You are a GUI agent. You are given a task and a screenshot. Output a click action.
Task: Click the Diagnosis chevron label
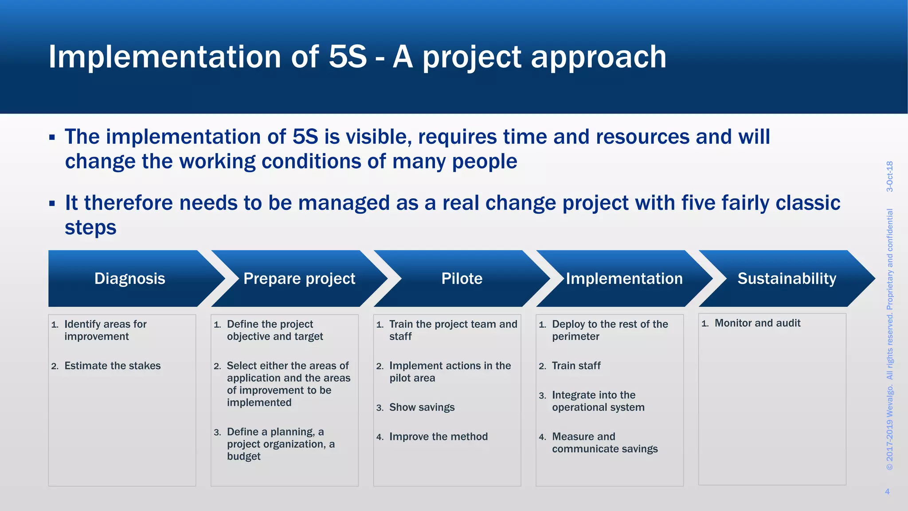(x=129, y=279)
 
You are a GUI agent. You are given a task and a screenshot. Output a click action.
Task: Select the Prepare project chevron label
(x=299, y=279)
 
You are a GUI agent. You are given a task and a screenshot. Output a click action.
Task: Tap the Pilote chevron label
(x=462, y=279)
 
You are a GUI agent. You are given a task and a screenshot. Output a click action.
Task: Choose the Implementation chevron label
(x=624, y=279)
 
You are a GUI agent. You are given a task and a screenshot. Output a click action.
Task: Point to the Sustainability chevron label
(x=787, y=279)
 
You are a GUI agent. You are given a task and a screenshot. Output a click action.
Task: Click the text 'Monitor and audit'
(x=757, y=323)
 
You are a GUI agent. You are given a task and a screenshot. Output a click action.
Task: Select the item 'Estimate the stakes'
(x=113, y=366)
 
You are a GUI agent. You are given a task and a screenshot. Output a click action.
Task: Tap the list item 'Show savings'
(x=422, y=407)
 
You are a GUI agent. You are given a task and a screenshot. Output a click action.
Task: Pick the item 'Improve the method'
(x=438, y=436)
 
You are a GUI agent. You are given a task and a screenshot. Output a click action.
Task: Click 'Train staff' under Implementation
(x=576, y=366)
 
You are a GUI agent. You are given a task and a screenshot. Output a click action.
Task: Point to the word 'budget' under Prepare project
(x=243, y=456)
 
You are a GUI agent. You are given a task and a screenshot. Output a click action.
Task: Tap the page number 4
(x=887, y=491)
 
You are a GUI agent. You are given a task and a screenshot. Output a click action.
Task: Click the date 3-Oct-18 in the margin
(x=889, y=176)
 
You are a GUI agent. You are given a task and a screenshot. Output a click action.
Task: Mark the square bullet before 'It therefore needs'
(x=52, y=204)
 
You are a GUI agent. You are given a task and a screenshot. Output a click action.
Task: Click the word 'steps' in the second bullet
(x=90, y=228)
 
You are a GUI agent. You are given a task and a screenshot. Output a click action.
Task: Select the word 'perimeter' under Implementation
(x=575, y=337)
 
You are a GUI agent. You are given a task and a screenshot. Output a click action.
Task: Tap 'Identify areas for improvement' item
(x=105, y=330)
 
